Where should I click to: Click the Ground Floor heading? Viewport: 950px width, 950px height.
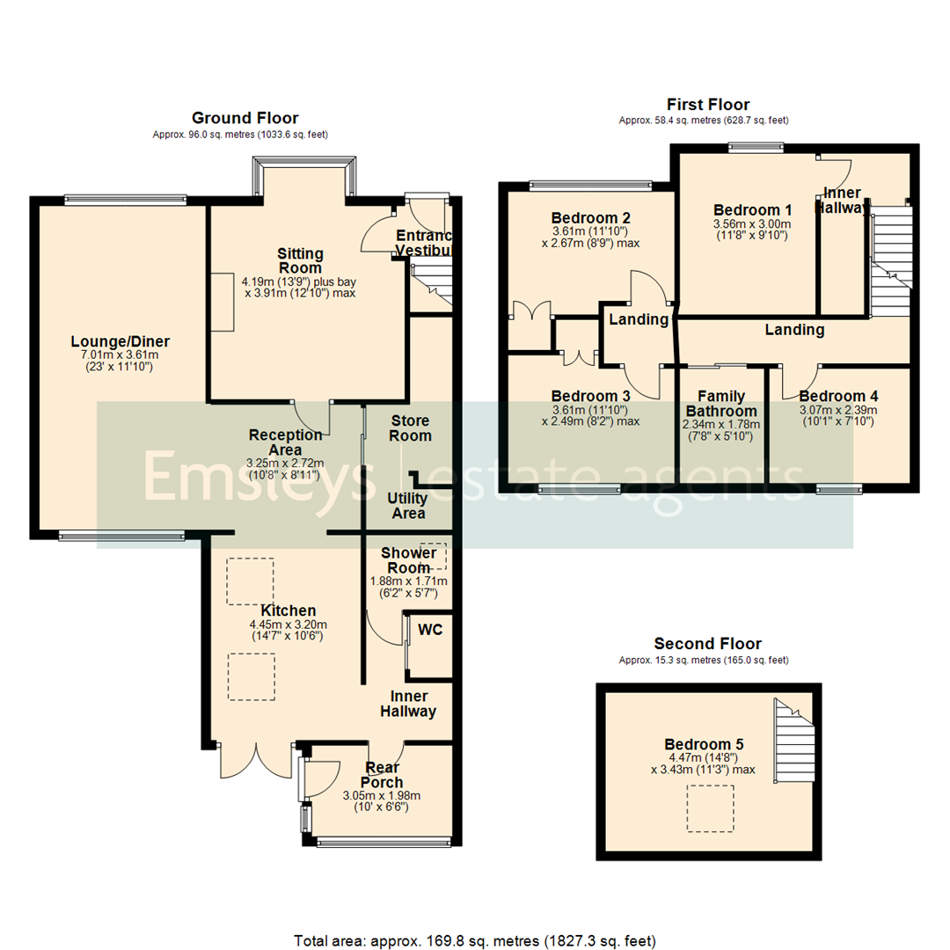[x=245, y=118]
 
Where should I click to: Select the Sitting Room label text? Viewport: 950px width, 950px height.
[x=300, y=261]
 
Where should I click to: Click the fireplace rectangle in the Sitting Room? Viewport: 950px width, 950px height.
[x=222, y=301]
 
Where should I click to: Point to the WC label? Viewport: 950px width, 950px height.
[x=430, y=630]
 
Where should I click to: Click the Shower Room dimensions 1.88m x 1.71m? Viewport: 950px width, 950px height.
[x=408, y=581]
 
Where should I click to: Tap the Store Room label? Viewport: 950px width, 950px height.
[x=410, y=427]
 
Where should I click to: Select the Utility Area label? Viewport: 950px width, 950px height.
[x=407, y=506]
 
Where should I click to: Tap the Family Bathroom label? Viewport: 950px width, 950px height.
[x=720, y=404]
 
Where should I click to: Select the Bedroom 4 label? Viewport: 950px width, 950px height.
[x=838, y=396]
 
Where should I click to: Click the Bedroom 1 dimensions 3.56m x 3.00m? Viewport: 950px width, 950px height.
[x=752, y=224]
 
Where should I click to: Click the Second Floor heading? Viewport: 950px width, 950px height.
[x=703, y=644]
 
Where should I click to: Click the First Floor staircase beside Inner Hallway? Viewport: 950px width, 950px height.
[x=888, y=259]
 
